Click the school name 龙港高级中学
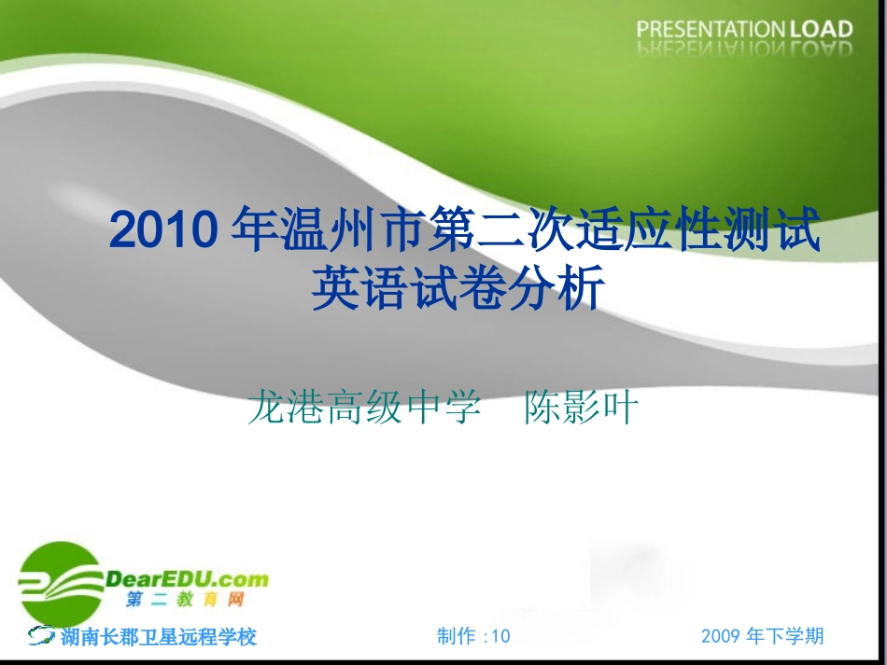(364, 408)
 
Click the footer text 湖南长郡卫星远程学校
(158, 637)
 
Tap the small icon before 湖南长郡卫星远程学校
(42, 636)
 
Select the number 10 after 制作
(501, 636)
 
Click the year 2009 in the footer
(721, 636)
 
